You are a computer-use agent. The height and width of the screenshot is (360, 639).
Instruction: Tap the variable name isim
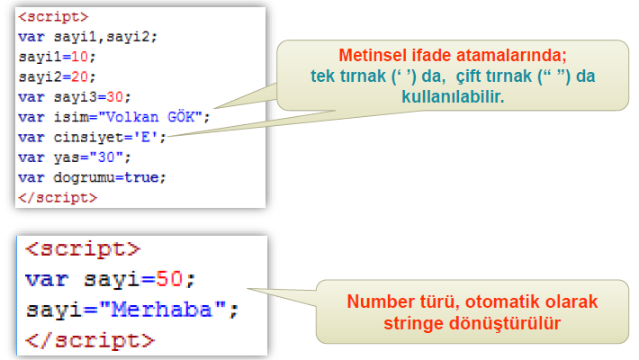[x=65, y=116]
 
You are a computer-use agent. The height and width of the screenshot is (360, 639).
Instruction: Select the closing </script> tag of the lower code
[x=90, y=341]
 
